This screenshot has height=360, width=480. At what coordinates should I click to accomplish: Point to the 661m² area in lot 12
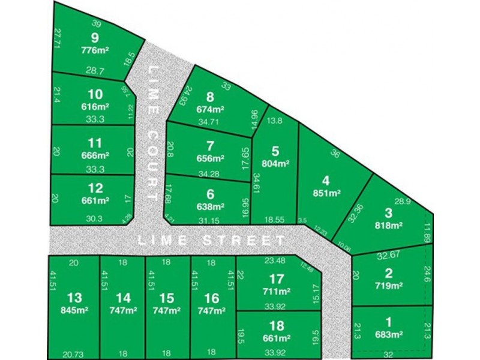coord(95,201)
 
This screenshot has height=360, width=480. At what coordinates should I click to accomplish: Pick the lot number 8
coord(210,98)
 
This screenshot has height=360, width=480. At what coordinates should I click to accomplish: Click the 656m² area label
coord(210,158)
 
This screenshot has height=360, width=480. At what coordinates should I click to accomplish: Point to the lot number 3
coord(388,213)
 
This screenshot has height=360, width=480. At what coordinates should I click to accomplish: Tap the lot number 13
coord(74,298)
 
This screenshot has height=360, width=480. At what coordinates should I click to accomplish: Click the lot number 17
coord(277,279)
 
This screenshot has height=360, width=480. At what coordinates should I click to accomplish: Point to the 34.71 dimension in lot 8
coord(209,122)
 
